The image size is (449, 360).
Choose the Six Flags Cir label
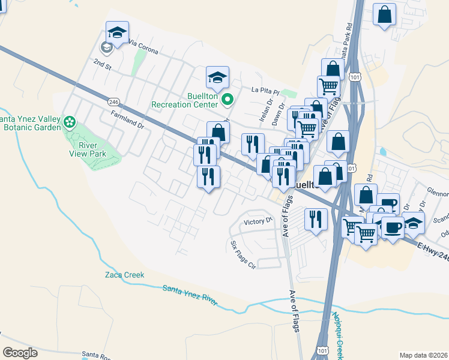tap(243, 254)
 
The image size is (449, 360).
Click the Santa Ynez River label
tap(190, 296)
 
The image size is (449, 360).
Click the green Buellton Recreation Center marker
tap(226, 99)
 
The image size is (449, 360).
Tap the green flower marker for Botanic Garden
tap(70, 122)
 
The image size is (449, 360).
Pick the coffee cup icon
tap(393, 227)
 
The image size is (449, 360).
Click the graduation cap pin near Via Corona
tap(118, 33)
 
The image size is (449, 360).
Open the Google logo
tap(20, 352)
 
